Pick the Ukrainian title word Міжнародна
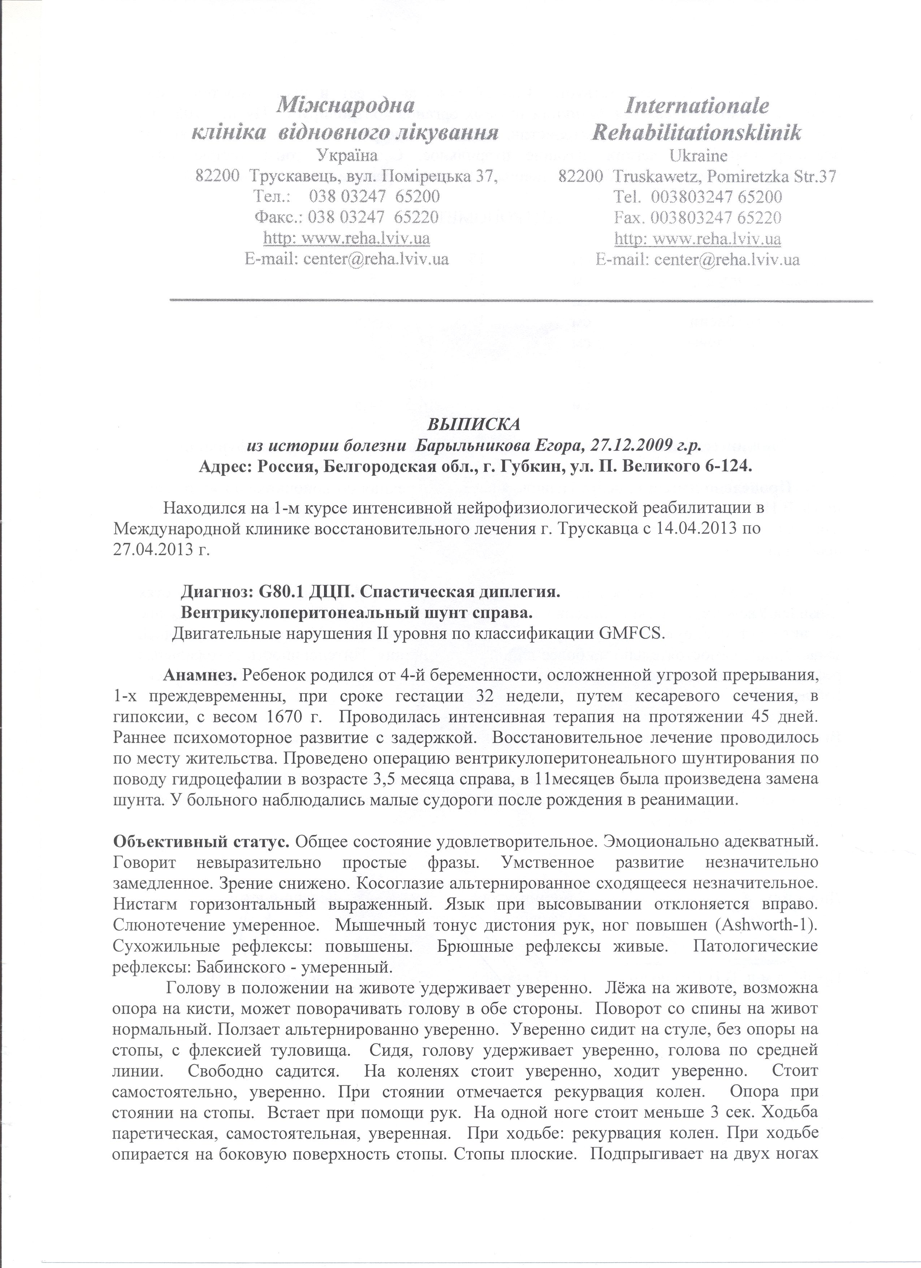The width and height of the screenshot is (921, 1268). coord(346,105)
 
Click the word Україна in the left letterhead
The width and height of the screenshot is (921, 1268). coord(346,155)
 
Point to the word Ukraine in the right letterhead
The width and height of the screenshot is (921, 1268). coord(698,155)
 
